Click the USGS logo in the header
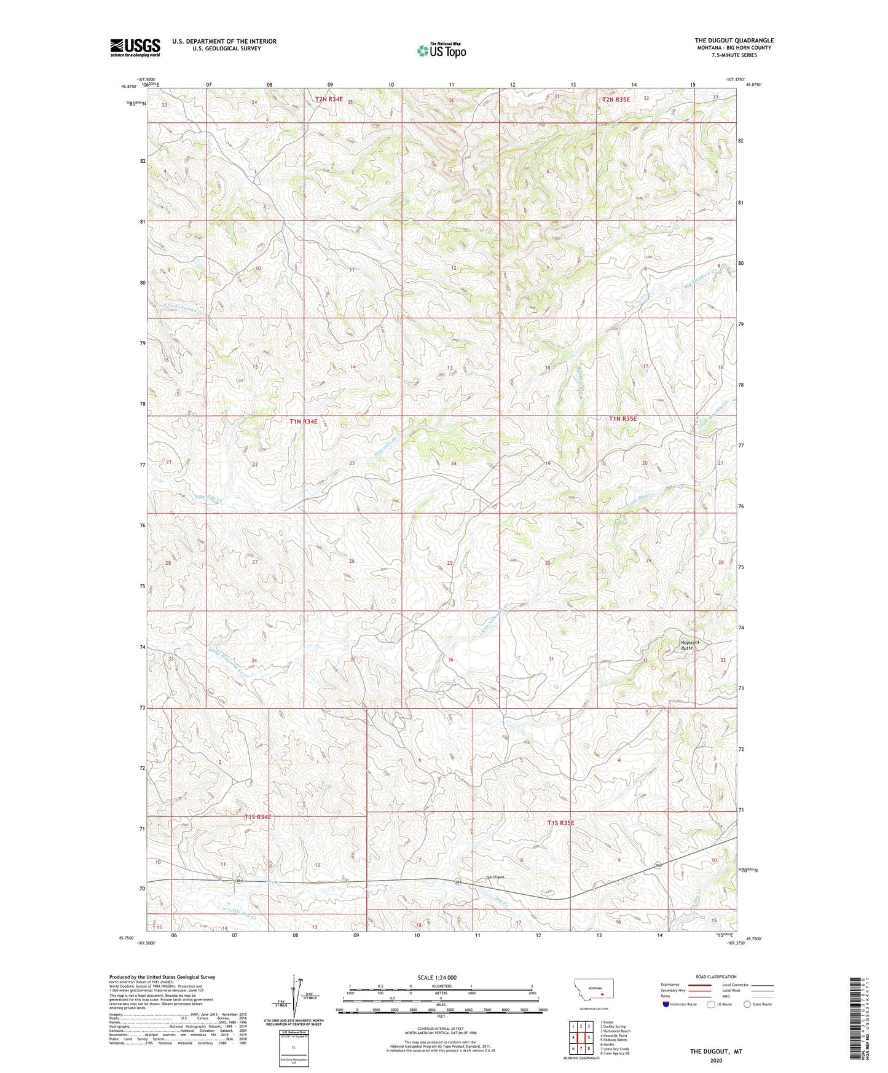(x=135, y=47)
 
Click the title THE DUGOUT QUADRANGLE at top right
(x=734, y=41)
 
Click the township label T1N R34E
(x=304, y=422)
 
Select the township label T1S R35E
(x=560, y=822)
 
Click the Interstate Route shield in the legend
(x=667, y=1004)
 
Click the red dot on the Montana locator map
(x=603, y=993)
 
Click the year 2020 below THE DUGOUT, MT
(x=716, y=1060)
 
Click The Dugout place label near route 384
(x=495, y=877)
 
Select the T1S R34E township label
(x=257, y=817)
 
